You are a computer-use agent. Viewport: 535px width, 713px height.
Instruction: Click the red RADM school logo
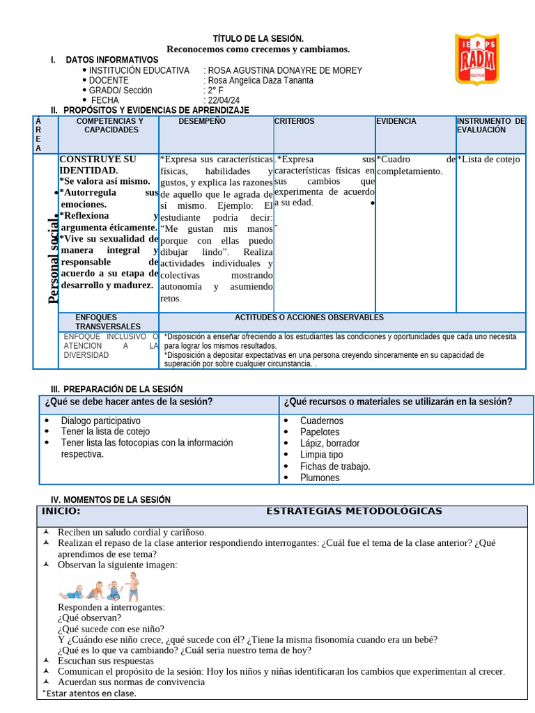point(476,58)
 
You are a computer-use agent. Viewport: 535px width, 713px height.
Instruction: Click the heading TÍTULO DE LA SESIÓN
point(258,38)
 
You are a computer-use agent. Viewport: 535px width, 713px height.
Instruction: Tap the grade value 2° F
point(214,91)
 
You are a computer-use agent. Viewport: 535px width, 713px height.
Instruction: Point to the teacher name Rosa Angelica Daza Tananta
point(261,80)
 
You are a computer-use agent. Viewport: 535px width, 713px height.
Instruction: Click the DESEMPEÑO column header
point(202,122)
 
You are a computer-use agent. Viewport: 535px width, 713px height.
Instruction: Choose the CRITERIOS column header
point(294,122)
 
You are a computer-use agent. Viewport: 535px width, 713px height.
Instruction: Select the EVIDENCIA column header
point(396,122)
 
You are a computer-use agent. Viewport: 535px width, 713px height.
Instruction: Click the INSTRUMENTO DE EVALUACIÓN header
point(491,126)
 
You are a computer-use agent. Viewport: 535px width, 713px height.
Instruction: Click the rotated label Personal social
point(53,260)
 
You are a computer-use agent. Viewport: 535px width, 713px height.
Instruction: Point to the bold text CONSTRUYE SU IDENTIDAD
point(98,164)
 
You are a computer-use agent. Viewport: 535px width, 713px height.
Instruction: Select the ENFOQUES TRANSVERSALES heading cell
point(108,322)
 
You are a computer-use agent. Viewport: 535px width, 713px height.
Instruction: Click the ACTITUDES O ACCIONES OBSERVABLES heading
point(309,318)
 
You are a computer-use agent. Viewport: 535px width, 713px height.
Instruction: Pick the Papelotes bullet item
point(320,432)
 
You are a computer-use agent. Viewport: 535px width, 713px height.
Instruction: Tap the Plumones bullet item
point(320,478)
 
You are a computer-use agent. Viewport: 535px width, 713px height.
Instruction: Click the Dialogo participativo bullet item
point(100,421)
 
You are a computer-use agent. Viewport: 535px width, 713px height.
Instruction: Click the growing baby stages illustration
point(100,586)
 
